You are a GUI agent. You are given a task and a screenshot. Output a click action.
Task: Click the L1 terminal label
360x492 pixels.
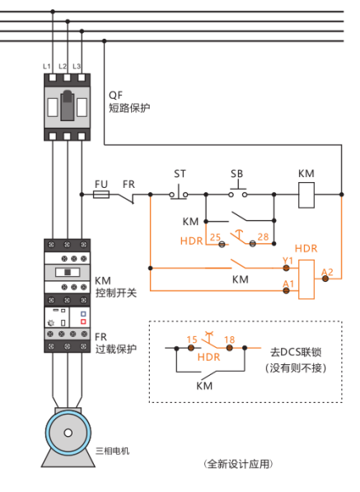[46, 67]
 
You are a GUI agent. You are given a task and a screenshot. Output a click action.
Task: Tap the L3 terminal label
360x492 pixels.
[77, 67]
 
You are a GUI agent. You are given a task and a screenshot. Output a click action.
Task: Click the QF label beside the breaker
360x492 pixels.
[115, 95]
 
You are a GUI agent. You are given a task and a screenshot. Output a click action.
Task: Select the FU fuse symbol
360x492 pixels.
[101, 194]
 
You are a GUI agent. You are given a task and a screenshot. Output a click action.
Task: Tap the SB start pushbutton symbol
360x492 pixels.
[237, 192]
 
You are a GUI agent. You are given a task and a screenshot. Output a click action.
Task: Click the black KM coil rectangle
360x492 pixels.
[306, 195]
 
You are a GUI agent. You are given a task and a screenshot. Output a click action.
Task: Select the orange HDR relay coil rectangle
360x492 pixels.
[306, 279]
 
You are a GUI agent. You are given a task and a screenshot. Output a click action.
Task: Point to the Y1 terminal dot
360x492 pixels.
[286, 268]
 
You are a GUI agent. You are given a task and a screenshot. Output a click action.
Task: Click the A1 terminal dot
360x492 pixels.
[286, 291]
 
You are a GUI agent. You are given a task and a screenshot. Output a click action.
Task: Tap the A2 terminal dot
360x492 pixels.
[325, 279]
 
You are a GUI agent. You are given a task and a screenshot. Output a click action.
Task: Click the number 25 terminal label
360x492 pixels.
[215, 237]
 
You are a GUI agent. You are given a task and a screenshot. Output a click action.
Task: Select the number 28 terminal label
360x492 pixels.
[263, 237]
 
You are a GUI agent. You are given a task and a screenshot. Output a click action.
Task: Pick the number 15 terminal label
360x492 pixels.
[192, 340]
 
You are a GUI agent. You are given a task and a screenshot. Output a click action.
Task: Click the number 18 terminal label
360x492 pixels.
[230, 340]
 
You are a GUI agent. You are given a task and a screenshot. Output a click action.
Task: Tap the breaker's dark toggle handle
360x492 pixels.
[67, 105]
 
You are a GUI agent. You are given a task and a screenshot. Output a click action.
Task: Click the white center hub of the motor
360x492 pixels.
[68, 433]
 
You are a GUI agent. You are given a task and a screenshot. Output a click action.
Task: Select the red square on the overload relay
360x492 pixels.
[83, 321]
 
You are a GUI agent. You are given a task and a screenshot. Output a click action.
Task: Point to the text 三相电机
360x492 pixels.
[112, 451]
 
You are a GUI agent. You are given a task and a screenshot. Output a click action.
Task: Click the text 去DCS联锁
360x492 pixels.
[296, 352]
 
